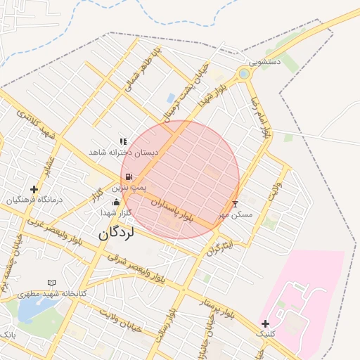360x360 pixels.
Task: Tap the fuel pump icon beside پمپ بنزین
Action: [x=128, y=178]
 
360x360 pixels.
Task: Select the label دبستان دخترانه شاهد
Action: [x=124, y=152]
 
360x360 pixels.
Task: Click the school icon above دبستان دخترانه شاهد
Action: [x=124, y=141]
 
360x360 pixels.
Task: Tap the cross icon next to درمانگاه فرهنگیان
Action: [x=34, y=189]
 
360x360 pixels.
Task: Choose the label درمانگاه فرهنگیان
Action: [x=34, y=200]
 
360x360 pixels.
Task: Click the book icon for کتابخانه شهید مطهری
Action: [x=51, y=283]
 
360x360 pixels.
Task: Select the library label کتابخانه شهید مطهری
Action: [x=51, y=293]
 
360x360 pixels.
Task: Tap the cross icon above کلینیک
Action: [x=265, y=323]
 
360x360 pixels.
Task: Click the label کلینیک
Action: [x=265, y=334]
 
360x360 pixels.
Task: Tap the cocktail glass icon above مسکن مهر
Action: [x=235, y=204]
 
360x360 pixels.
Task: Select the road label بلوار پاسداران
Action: [x=173, y=210]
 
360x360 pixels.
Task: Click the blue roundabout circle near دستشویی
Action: [x=244, y=73]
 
